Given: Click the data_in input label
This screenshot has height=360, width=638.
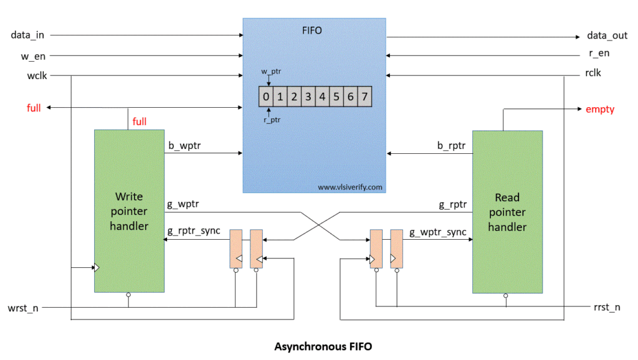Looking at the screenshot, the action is pyautogui.click(x=27, y=35).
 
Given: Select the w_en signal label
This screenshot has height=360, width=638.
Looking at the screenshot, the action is pyautogui.click(x=33, y=56).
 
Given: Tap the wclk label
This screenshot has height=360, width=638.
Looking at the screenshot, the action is pyautogui.click(x=37, y=75).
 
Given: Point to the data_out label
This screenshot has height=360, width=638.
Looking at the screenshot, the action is pyautogui.click(x=607, y=36).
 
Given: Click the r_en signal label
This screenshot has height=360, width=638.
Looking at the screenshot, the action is pyautogui.click(x=599, y=54).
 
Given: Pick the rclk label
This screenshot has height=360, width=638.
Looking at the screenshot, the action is pyautogui.click(x=593, y=73).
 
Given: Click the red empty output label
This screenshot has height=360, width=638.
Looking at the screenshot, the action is pyautogui.click(x=600, y=110).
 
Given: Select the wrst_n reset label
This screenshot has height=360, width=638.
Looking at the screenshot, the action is pyautogui.click(x=23, y=308).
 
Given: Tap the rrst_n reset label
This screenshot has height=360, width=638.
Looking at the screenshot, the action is pyautogui.click(x=607, y=308).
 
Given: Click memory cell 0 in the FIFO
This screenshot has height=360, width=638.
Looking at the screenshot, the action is pyautogui.click(x=265, y=97).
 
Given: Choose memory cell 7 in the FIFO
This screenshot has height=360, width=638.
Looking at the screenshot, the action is pyautogui.click(x=364, y=97).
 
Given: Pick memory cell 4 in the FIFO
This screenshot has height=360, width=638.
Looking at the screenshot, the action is pyautogui.click(x=322, y=97).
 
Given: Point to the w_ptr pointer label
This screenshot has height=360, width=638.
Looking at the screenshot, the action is pyautogui.click(x=271, y=72).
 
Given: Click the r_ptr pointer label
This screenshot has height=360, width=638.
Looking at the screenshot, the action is pyautogui.click(x=272, y=120).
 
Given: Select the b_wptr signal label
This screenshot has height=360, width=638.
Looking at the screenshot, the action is pyautogui.click(x=184, y=146).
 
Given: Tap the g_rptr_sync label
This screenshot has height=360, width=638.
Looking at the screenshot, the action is pyautogui.click(x=194, y=231).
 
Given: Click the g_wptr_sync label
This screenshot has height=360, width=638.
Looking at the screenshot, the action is pyautogui.click(x=438, y=232).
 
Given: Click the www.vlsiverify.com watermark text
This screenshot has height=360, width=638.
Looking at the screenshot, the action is pyautogui.click(x=350, y=187).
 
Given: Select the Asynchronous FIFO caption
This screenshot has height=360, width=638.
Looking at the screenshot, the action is pyautogui.click(x=323, y=346).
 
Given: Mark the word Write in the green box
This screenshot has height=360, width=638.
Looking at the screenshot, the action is pyautogui.click(x=129, y=197).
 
